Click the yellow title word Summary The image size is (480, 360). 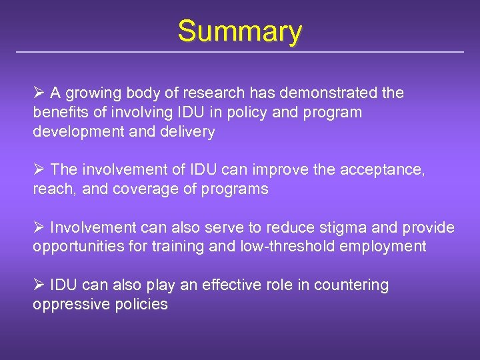(240, 31)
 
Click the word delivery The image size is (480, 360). (187, 132)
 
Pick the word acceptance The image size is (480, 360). (382, 170)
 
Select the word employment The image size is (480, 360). (383, 247)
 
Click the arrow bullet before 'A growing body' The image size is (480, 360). (39, 93)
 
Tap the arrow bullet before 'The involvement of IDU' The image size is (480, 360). (39, 170)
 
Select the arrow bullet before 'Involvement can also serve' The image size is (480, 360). (39, 228)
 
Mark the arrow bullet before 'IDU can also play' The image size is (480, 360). (39, 285)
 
